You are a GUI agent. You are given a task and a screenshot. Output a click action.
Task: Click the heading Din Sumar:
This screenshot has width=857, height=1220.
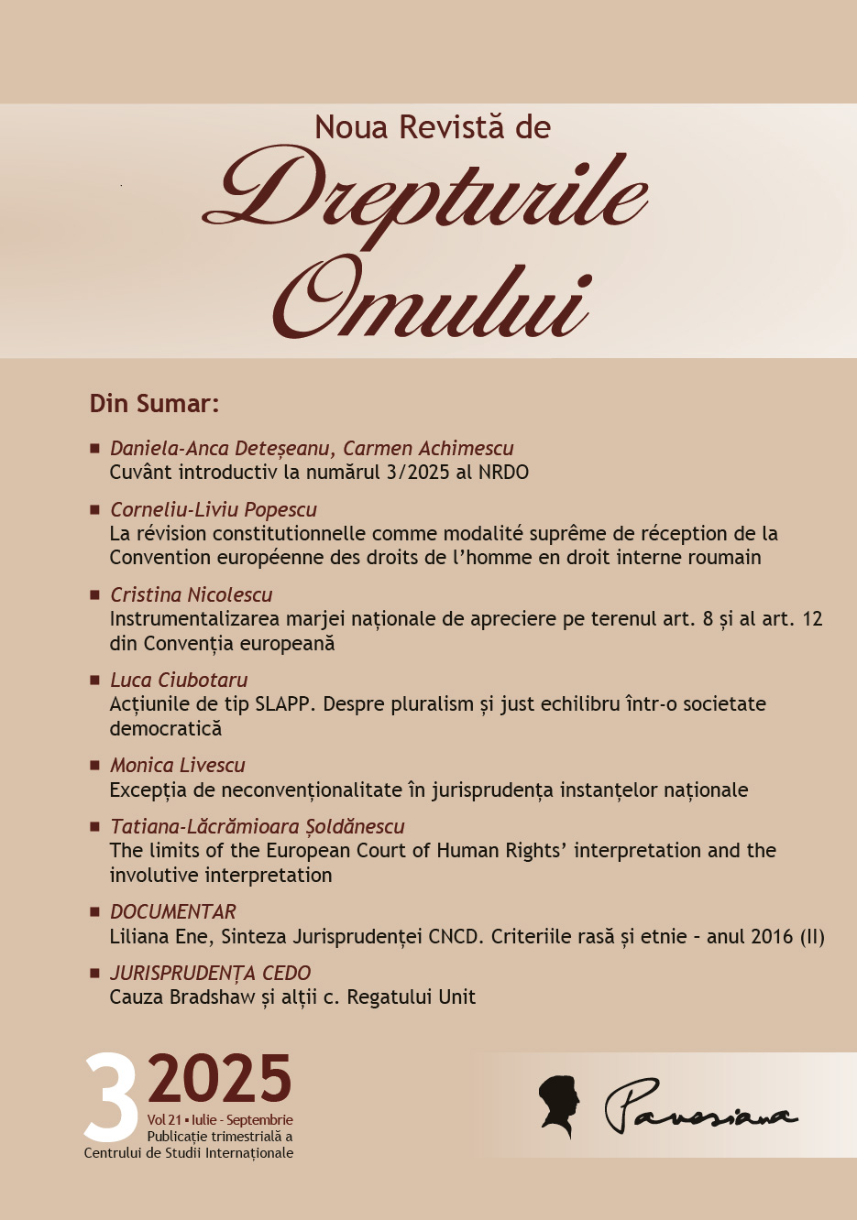coord(154,404)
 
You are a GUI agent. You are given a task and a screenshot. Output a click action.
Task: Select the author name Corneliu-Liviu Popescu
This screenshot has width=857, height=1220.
coord(214,509)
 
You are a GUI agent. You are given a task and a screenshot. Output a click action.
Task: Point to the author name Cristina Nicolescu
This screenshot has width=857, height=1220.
coord(191,594)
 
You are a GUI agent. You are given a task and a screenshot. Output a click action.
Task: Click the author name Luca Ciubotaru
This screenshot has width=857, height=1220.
coord(179,680)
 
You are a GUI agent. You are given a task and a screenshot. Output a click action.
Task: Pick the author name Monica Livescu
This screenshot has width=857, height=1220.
coord(178,765)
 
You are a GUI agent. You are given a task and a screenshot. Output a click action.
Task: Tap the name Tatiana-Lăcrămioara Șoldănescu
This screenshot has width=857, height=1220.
coord(258,826)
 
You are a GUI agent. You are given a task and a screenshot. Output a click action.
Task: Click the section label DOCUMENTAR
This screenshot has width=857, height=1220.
coord(173,911)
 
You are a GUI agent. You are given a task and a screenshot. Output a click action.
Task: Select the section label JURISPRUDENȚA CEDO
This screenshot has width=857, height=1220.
coord(211,973)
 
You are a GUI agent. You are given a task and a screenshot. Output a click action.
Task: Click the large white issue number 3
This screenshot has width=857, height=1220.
coord(111,1098)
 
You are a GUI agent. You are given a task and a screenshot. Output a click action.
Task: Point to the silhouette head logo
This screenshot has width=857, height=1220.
coord(559,1106)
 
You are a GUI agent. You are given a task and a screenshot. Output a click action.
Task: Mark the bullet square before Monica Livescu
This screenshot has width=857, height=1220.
coord(94,765)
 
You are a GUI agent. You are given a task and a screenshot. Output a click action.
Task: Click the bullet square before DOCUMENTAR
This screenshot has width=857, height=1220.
coord(94,911)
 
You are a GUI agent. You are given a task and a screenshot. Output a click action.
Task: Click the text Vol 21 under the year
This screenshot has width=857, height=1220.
coord(163,1120)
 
